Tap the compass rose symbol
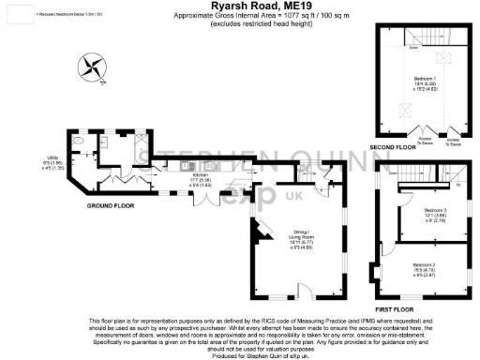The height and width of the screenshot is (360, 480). pos(92,67)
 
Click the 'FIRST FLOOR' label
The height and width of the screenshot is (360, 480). pos(394,307)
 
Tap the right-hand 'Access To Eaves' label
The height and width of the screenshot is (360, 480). pos(454,142)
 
